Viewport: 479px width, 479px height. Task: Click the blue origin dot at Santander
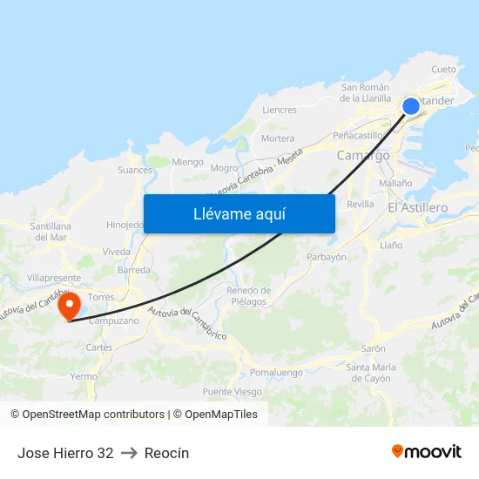[411, 106]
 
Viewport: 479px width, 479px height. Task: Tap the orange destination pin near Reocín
[69, 305]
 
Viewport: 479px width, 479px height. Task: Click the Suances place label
[134, 171]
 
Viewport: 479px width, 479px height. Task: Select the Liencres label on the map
[280, 111]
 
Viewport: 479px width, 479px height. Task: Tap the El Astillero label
[417, 208]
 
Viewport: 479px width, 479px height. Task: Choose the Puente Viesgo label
[232, 392]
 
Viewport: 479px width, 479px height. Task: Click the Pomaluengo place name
[275, 372]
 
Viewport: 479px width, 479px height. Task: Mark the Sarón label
[373, 348]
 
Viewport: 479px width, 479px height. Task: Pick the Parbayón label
[327, 257]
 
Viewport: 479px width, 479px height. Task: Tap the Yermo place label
[84, 376]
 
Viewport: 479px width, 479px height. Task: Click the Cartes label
[99, 347]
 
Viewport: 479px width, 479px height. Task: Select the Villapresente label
[53, 278]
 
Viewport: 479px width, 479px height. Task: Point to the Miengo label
[187, 162]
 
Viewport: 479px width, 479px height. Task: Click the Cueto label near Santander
[443, 70]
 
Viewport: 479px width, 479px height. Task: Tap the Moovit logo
[427, 451]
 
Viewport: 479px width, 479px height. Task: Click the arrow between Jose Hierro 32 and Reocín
[129, 453]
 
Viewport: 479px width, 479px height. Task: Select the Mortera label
[278, 138]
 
